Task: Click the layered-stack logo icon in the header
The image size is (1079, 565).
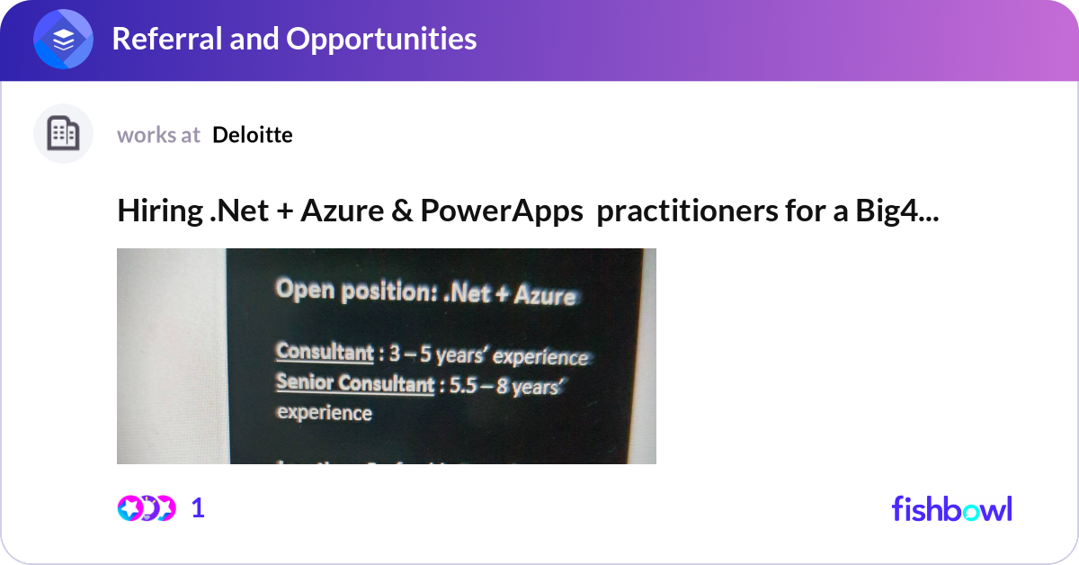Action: (63, 40)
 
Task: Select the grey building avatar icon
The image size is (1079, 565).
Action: (63, 134)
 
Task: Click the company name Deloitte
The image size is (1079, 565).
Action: (253, 135)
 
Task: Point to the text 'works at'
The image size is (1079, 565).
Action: (158, 135)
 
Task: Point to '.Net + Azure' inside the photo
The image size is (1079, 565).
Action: (510, 293)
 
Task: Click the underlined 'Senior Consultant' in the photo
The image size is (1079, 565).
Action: (354, 383)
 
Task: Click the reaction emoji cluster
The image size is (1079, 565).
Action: (146, 508)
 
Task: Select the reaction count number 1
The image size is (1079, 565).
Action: (199, 508)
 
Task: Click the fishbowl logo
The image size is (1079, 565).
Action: (951, 508)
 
